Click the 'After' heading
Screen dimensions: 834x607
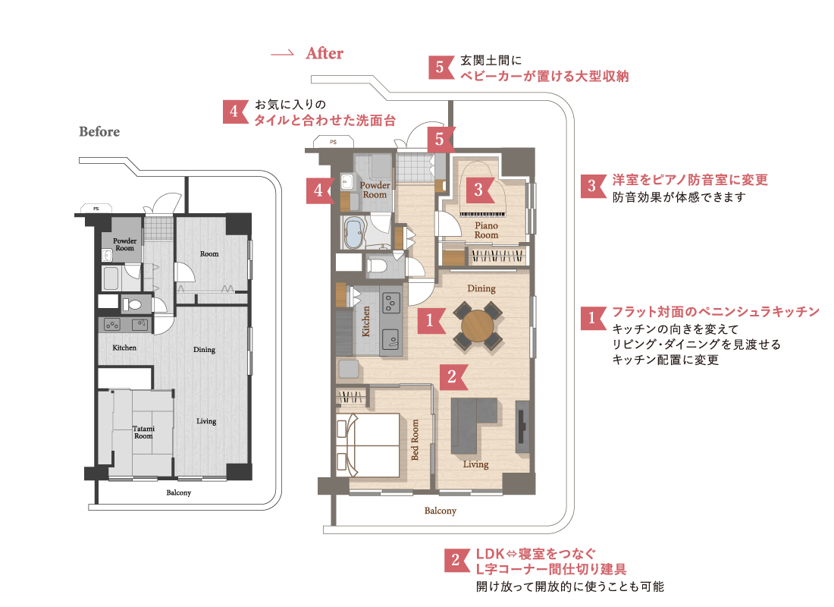pos(325,53)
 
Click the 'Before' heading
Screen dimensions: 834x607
pos(99,131)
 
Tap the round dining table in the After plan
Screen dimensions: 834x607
pos(478,326)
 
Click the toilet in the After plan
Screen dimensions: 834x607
pos(377,265)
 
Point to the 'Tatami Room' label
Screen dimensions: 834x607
pos(143,432)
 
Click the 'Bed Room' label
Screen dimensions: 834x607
pos(415,440)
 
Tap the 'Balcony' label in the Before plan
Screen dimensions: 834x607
pos(179,492)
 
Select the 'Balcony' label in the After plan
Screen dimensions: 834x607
pos(441,511)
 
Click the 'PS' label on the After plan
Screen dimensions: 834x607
pos(333,142)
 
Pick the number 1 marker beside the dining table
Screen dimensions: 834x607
pos(431,320)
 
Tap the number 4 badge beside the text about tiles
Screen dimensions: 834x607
pos(235,112)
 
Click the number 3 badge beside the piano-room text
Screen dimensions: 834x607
pos(593,186)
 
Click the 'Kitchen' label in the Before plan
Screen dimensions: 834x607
pos(124,348)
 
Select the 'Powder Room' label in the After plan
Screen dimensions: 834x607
pos(375,190)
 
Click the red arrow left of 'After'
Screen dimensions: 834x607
pos(282,54)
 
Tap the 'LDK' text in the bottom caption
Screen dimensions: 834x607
pos(490,554)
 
